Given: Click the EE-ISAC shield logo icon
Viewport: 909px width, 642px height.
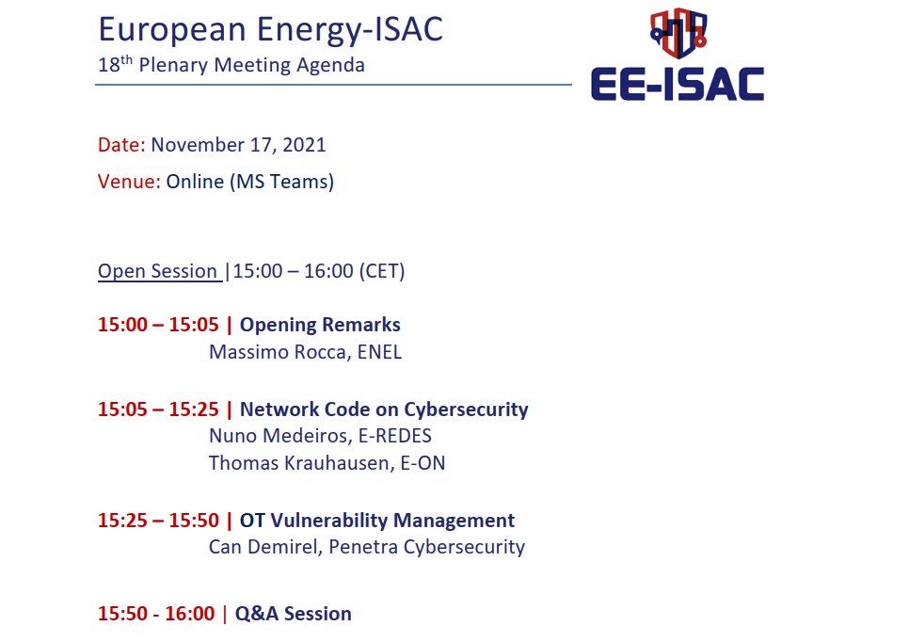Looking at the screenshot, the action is (678, 33).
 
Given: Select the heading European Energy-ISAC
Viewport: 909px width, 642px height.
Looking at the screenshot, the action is (271, 30).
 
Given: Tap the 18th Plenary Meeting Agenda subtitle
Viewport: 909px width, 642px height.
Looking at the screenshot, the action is (231, 64).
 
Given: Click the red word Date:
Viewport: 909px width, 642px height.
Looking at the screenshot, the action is (121, 144).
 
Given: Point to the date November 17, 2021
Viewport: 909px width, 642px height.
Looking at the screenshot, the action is (238, 145).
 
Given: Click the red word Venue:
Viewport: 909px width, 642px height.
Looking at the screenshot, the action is (129, 182).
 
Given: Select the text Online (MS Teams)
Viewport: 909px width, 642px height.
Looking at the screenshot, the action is (250, 182).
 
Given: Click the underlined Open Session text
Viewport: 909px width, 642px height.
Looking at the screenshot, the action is (158, 271).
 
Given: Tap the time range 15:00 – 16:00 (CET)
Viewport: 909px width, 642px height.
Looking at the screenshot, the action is (319, 271).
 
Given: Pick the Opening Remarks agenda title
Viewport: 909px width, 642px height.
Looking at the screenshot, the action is (320, 325).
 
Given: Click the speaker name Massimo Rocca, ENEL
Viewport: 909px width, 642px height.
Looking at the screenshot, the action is (305, 352).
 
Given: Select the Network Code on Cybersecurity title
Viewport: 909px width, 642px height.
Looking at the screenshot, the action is (384, 409).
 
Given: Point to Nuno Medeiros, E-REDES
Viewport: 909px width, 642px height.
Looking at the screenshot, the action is (320, 436).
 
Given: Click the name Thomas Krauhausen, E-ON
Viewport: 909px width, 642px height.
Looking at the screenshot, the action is (327, 463).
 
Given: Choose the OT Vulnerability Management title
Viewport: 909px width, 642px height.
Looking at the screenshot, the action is (377, 521).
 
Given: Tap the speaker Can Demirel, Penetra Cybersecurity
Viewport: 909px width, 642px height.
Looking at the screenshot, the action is (367, 547).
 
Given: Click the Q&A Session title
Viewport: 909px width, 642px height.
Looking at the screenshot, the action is (294, 614).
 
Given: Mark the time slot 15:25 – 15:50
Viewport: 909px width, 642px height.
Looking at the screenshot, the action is (158, 521).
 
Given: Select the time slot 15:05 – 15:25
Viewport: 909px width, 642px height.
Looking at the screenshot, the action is (158, 409).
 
